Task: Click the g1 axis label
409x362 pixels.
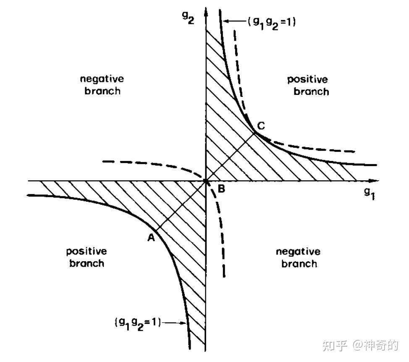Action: point(369,193)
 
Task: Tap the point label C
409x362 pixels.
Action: point(261,125)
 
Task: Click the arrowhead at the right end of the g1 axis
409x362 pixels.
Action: point(375,181)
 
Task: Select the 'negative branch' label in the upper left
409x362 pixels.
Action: point(102,85)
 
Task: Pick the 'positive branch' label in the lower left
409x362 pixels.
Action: point(86,257)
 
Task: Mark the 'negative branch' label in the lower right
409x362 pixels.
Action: point(298,257)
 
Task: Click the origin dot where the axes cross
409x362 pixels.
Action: point(206,181)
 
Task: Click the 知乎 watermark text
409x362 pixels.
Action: point(335,345)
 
